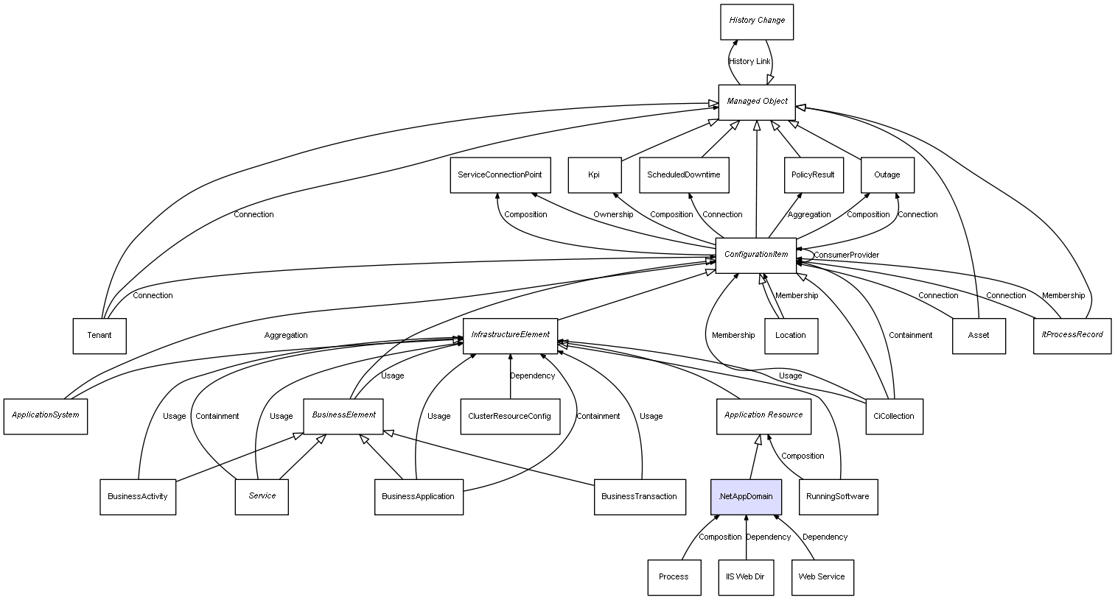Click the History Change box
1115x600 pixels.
tap(757, 21)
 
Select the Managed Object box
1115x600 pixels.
tap(757, 102)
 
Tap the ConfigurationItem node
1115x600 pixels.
tap(756, 255)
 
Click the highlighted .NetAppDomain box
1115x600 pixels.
tap(746, 496)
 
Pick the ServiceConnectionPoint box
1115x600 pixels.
tap(500, 175)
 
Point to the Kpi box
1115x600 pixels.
tap(594, 175)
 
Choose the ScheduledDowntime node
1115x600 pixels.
tap(684, 175)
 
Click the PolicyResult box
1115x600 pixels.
tap(813, 175)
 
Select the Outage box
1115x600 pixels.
tap(887, 175)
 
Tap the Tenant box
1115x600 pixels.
tap(99, 336)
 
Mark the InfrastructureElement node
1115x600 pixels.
tap(510, 335)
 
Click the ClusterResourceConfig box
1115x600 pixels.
tap(509, 417)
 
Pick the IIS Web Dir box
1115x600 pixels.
tap(746, 577)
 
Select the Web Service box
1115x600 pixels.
tap(822, 577)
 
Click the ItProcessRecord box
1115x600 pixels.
tap(1072, 335)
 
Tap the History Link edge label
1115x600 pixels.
tap(749, 62)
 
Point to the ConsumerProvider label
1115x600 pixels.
tap(846, 255)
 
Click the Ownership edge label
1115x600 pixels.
tap(613, 215)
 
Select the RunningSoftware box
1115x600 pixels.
tap(838, 497)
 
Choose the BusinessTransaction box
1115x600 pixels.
tap(639, 497)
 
